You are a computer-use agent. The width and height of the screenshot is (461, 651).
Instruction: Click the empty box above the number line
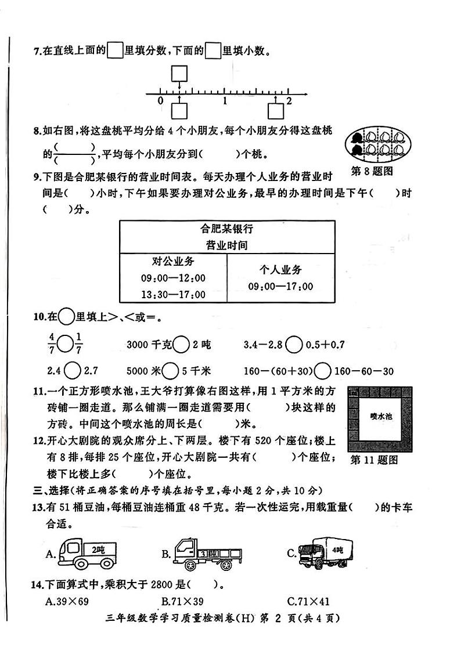[x=180, y=74]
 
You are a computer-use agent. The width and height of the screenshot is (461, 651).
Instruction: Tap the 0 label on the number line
[x=161, y=101]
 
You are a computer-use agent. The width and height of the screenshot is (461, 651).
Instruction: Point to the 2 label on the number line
[x=289, y=101]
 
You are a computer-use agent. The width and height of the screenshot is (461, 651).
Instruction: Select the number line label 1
[x=225, y=101]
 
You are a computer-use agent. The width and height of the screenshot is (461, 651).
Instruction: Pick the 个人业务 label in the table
[x=280, y=270]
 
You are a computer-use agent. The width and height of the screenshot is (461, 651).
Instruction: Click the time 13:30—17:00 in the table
[x=173, y=295]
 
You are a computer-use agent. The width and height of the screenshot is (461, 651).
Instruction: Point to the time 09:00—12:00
[x=173, y=279]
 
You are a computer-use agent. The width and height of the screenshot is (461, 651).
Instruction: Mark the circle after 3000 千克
[x=182, y=345]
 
